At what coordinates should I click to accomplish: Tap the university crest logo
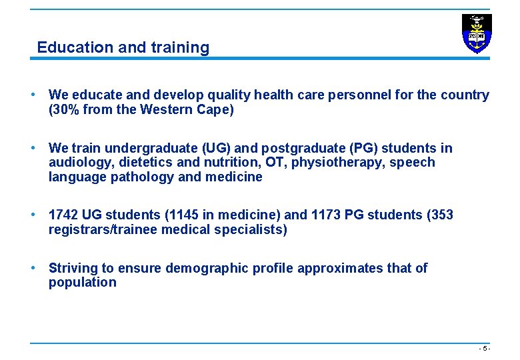[477, 33]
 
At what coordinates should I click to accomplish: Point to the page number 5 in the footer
[485, 349]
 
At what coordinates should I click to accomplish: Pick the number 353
[441, 215]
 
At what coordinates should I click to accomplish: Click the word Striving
[73, 268]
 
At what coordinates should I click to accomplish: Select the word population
[82, 283]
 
